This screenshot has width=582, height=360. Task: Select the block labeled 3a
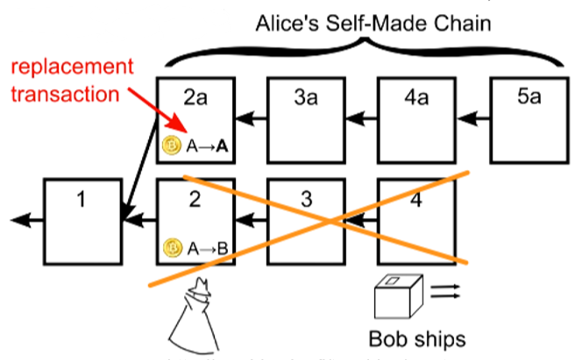[x=306, y=118]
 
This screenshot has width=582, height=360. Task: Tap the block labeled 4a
[x=415, y=118]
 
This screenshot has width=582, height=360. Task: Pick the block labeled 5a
[x=527, y=118]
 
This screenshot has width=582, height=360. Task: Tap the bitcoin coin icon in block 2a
[x=173, y=145]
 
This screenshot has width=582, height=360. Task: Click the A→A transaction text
[x=208, y=146]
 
